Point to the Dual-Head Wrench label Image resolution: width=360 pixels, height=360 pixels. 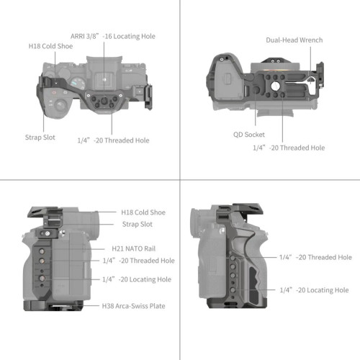[x=294, y=40]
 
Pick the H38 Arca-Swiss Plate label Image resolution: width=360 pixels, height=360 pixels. [x=133, y=305]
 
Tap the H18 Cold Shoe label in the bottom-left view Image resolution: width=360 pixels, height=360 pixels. [x=143, y=212]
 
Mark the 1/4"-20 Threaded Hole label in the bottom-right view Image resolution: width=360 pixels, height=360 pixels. [x=315, y=257]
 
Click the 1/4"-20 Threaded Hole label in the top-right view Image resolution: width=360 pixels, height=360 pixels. [x=288, y=147]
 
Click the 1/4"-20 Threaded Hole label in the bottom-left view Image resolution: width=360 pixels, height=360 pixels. [x=138, y=261]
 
